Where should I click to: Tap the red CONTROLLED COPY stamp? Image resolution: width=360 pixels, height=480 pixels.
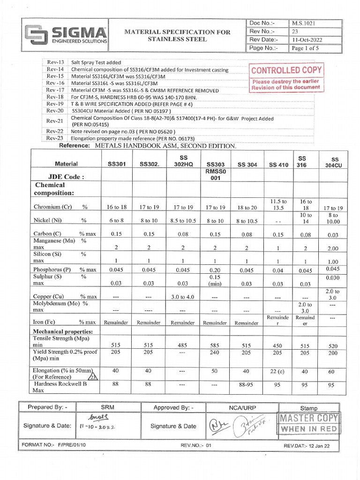click(x=286, y=70)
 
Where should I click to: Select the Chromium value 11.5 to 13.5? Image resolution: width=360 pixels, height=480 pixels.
click(x=278, y=204)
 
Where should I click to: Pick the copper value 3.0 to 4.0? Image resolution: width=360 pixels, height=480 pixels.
click(x=182, y=297)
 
